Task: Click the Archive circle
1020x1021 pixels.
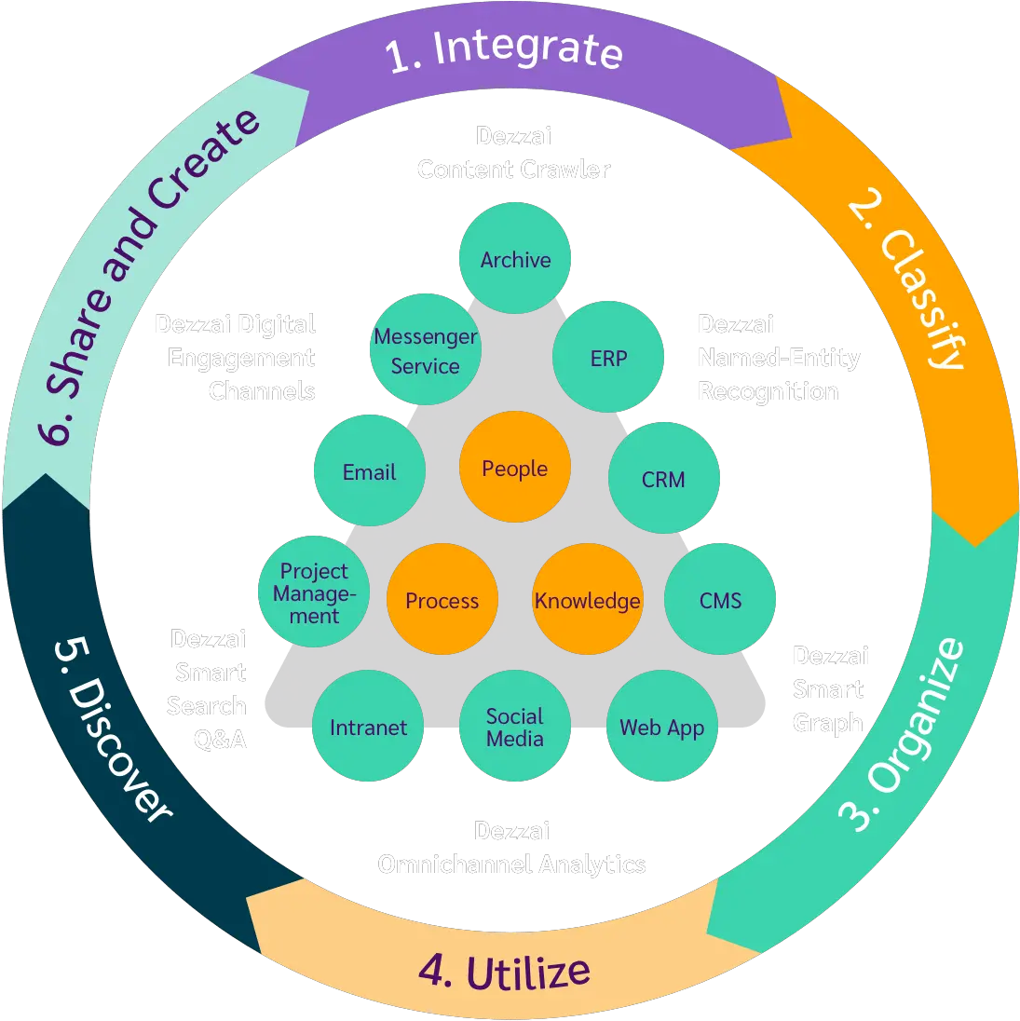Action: (x=515, y=259)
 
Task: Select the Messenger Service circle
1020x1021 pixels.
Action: (x=425, y=351)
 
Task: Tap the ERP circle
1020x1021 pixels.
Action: (x=608, y=358)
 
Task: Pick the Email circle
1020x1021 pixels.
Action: (x=369, y=472)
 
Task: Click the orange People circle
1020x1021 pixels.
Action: (x=514, y=468)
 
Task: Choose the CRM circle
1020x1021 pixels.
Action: (x=663, y=479)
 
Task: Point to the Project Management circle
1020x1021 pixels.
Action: (x=314, y=592)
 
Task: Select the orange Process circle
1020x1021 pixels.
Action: (x=442, y=600)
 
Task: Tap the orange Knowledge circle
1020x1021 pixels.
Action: (x=588, y=600)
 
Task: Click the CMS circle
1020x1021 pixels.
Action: (x=720, y=600)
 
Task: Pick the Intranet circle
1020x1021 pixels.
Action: (x=368, y=727)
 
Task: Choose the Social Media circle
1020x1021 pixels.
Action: (x=514, y=727)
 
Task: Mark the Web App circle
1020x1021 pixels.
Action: (x=662, y=727)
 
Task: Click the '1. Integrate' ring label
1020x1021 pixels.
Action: (x=504, y=51)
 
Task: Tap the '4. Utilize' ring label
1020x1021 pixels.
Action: (x=504, y=972)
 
